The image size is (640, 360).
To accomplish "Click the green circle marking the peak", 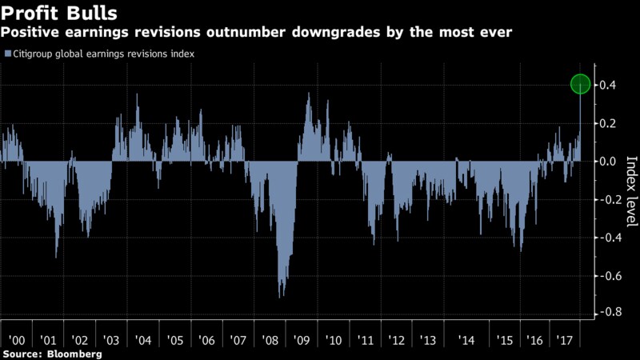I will (x=581, y=84).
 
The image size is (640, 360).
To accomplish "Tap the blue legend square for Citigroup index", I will (x=7, y=54).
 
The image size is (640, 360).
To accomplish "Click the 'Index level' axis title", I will (x=630, y=182).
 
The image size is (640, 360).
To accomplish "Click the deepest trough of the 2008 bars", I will (x=280, y=297).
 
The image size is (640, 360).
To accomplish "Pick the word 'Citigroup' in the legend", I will (x=37, y=54).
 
